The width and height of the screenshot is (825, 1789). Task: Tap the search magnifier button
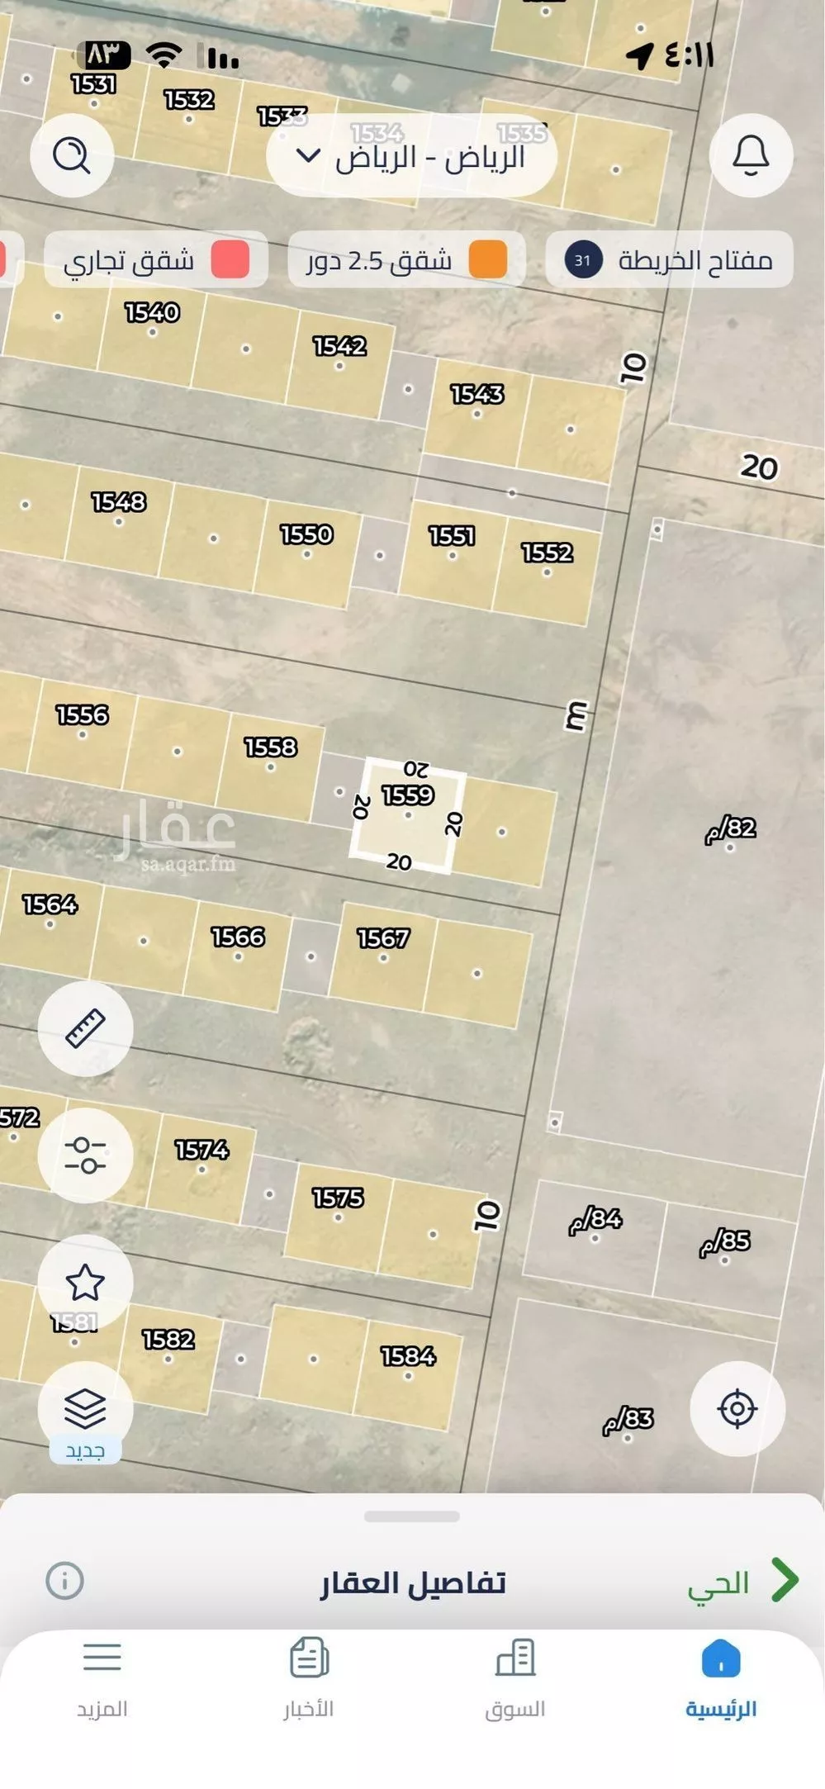click(72, 155)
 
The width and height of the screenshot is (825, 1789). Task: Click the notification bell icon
click(751, 155)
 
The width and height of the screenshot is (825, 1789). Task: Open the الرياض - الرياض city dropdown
click(411, 156)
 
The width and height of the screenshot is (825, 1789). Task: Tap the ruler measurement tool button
click(85, 1028)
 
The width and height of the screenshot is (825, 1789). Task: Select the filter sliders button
click(85, 1155)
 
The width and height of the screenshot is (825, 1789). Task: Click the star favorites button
click(85, 1282)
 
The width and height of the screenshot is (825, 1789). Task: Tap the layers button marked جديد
click(85, 1409)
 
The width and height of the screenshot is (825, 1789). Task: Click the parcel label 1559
click(408, 795)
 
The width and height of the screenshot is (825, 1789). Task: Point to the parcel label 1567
click(383, 938)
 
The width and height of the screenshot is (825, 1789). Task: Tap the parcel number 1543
click(477, 394)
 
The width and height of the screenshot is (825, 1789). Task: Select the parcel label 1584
click(408, 1356)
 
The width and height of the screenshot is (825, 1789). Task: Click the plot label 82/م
click(731, 828)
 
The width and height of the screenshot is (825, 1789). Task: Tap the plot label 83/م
click(628, 1420)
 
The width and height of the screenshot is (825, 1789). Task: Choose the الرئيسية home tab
click(721, 1677)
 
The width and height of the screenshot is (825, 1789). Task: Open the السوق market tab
click(515, 1677)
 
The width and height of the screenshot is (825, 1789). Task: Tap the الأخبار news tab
click(309, 1677)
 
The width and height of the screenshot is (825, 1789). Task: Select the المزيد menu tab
click(102, 1677)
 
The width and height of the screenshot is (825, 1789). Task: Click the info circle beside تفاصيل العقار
click(64, 1581)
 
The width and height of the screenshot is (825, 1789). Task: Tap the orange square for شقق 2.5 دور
click(487, 260)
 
